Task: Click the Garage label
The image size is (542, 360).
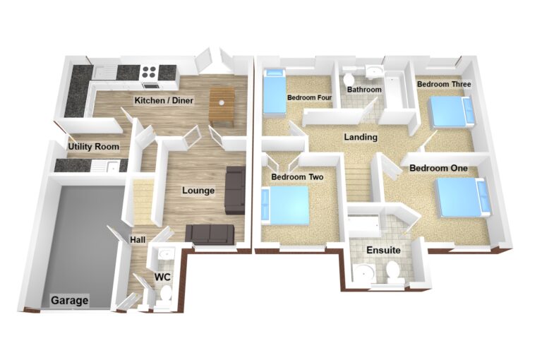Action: pyautogui.click(x=69, y=300)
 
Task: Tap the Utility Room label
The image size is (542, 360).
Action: pyautogui.click(x=94, y=147)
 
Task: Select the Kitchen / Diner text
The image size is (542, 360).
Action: pyautogui.click(x=164, y=101)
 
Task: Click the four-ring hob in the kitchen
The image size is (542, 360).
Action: pyautogui.click(x=150, y=73)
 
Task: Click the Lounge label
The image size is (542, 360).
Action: pyautogui.click(x=198, y=191)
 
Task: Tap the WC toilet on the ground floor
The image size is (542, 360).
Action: pyautogui.click(x=167, y=294)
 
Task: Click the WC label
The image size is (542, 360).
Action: pyautogui.click(x=162, y=277)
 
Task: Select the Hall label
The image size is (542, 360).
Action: pyautogui.click(x=138, y=240)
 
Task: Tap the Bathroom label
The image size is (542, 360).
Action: pyautogui.click(x=364, y=90)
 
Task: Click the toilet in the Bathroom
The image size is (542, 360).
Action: pyautogui.click(x=349, y=78)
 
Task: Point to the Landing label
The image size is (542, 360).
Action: pyautogui.click(x=361, y=137)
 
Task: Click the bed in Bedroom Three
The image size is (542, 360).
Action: pyautogui.click(x=452, y=111)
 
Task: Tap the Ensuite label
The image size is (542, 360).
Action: pyautogui.click(x=383, y=250)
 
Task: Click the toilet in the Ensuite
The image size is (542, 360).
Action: pyautogui.click(x=392, y=272)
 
